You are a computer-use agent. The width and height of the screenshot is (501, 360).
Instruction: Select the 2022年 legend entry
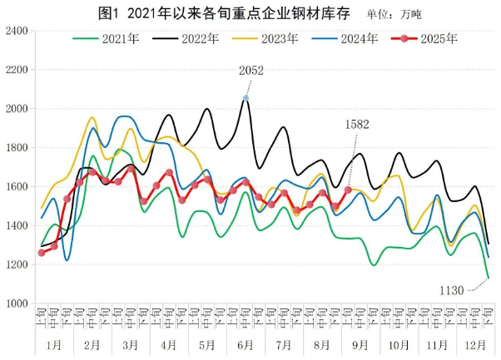click(x=193, y=38)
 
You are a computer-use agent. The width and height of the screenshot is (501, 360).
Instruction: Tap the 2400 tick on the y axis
click(x=17, y=31)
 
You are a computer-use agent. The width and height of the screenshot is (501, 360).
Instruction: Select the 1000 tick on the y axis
click(x=17, y=303)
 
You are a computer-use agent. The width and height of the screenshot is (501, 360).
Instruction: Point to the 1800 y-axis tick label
click(x=17, y=148)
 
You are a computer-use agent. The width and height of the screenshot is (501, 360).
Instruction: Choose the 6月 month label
click(x=246, y=343)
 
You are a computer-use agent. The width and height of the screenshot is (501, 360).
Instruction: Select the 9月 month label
click(x=360, y=343)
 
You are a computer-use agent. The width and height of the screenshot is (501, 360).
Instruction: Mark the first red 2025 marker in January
click(x=42, y=253)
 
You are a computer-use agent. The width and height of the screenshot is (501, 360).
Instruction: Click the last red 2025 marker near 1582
click(x=348, y=190)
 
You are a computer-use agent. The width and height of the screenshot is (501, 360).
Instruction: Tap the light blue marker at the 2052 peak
click(x=246, y=98)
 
